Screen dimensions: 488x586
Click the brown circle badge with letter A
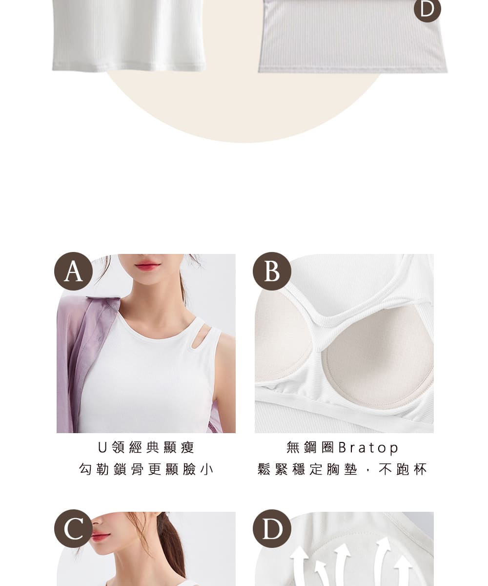pos(73,271)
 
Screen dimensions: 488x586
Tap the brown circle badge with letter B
pos(272,271)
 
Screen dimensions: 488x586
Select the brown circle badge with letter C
pos(73,528)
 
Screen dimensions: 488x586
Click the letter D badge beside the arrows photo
pos(272,528)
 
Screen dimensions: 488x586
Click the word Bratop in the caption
pos(368,448)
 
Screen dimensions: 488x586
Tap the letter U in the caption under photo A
pos(102,447)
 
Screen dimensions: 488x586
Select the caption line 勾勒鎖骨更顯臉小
pos(146,469)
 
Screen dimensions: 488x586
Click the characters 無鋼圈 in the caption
pos(310,447)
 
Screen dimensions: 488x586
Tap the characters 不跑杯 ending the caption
pos(403,469)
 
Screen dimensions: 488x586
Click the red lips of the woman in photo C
pos(100,537)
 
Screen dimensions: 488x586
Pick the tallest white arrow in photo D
pos(383,561)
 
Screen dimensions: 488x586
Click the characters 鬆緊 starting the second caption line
pos(273,469)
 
